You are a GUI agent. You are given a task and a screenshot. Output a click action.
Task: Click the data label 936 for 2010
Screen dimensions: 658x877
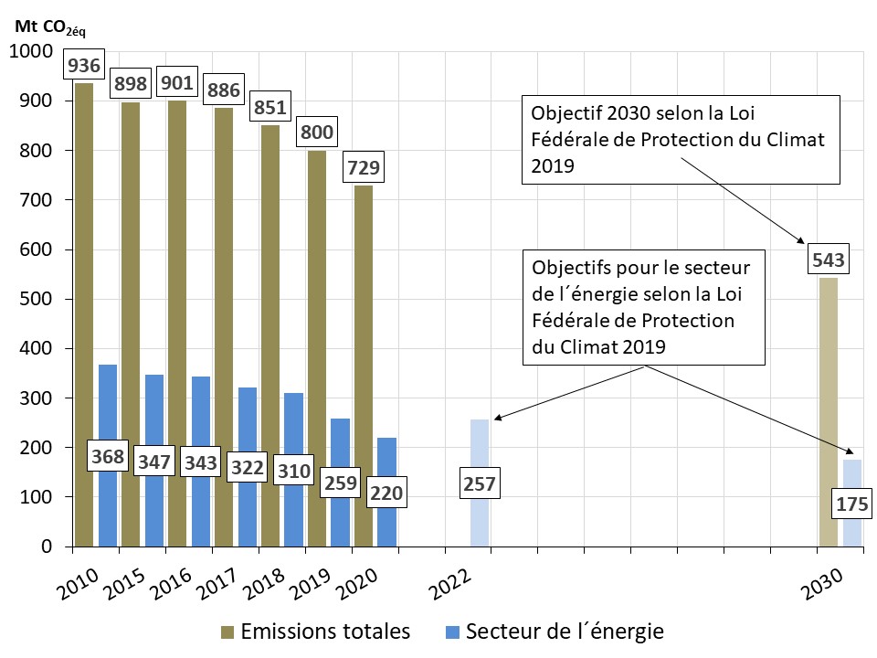(83, 66)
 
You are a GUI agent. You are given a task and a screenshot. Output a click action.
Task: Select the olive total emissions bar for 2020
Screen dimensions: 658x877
(363, 366)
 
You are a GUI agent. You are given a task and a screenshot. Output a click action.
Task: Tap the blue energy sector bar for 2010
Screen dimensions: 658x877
(108, 402)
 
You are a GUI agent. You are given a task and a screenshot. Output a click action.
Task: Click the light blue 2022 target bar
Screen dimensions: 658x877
(480, 448)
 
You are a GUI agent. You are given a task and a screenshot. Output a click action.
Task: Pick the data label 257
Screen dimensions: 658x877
(480, 483)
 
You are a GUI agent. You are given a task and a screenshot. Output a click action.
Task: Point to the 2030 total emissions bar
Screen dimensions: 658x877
(828, 411)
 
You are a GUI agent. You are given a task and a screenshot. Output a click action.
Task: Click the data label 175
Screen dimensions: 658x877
(851, 503)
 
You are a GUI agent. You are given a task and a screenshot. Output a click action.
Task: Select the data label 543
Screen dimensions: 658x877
(828, 260)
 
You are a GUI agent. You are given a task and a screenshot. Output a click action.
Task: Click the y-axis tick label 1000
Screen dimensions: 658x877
(30, 51)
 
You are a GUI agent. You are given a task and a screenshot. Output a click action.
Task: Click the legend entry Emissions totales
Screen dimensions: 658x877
(315, 631)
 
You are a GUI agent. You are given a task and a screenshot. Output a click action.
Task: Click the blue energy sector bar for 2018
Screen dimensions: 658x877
(293, 420)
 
